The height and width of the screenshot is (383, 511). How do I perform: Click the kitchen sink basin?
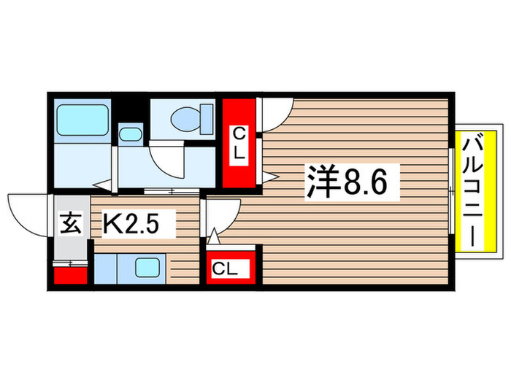tap(150, 268)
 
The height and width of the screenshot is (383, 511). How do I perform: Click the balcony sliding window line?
tap(452, 191)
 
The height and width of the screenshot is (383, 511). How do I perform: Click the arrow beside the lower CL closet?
tap(213, 237)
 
